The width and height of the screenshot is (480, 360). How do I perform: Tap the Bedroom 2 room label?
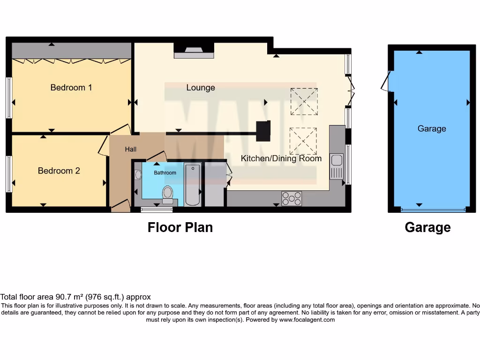[x=59, y=171]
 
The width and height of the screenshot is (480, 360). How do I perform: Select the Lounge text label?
[x=201, y=88]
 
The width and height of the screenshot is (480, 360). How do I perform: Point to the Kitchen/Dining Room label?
[x=281, y=158]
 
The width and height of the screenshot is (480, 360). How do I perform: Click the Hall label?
[x=131, y=149]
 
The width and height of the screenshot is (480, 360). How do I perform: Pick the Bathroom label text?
[x=165, y=173]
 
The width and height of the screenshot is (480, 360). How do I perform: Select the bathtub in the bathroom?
[x=193, y=185]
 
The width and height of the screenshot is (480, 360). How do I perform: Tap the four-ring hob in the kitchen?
[x=292, y=199]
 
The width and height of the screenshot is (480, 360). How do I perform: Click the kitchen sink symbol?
[x=337, y=166]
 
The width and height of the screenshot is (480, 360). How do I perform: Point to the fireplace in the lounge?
[x=194, y=51]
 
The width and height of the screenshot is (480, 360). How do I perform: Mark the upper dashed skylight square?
[x=304, y=101]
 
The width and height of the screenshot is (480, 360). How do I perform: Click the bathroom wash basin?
[x=138, y=175]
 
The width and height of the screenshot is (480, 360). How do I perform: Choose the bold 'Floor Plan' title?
[x=180, y=227]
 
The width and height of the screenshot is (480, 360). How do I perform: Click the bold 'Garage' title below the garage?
[x=427, y=227]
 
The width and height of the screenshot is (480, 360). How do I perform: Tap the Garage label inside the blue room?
[x=432, y=128]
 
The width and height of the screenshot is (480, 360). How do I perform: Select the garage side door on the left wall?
[x=386, y=82]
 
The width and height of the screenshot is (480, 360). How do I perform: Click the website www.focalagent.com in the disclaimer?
[x=307, y=320]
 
